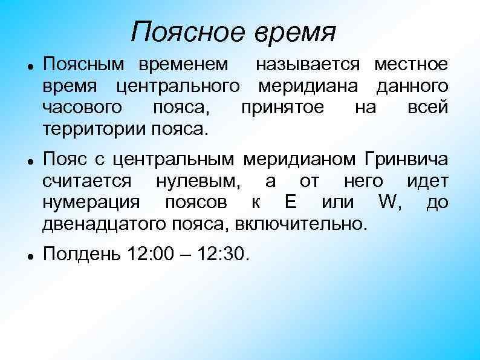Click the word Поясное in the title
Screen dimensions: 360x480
coord(186,31)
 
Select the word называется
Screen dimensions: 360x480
coord(308,63)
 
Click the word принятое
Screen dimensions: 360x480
coord(282,108)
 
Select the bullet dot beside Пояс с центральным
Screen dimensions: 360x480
coord(30,160)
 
